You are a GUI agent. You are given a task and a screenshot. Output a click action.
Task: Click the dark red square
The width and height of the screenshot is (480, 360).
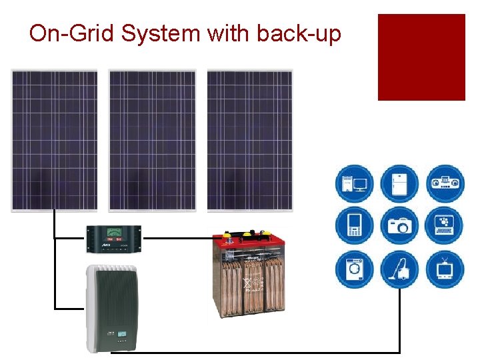coord(421,57)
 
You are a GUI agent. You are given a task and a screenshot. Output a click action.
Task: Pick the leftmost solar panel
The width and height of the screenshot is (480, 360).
coord(54,141)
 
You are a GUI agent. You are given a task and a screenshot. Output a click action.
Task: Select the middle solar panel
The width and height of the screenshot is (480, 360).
coord(152,141)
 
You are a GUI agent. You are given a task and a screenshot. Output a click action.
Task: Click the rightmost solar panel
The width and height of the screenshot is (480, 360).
coord(250,141)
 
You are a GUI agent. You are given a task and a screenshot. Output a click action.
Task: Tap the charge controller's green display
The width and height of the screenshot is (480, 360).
coord(114,233)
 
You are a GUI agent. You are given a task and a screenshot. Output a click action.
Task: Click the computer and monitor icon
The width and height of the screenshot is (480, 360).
coord(354,183)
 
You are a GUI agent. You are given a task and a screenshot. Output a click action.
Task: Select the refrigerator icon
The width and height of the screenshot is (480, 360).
coord(399,183)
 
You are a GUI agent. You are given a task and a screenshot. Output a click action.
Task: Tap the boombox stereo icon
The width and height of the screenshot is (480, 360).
coord(445,183)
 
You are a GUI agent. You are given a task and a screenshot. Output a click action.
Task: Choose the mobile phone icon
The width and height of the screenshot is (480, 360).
coord(354,226)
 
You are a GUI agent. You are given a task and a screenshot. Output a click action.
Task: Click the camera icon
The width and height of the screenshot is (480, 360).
coord(399,226)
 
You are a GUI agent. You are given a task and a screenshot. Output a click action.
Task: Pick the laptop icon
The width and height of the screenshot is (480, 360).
coord(445,226)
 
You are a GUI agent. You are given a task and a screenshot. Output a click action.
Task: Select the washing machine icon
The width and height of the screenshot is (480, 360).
coord(354,269)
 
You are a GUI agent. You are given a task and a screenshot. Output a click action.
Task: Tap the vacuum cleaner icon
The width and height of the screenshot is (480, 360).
coord(399,269)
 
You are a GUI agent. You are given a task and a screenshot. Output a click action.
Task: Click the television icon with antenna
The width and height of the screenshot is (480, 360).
coord(445,269)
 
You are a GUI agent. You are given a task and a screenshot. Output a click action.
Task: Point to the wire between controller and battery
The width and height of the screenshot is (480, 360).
coord(177,237)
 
